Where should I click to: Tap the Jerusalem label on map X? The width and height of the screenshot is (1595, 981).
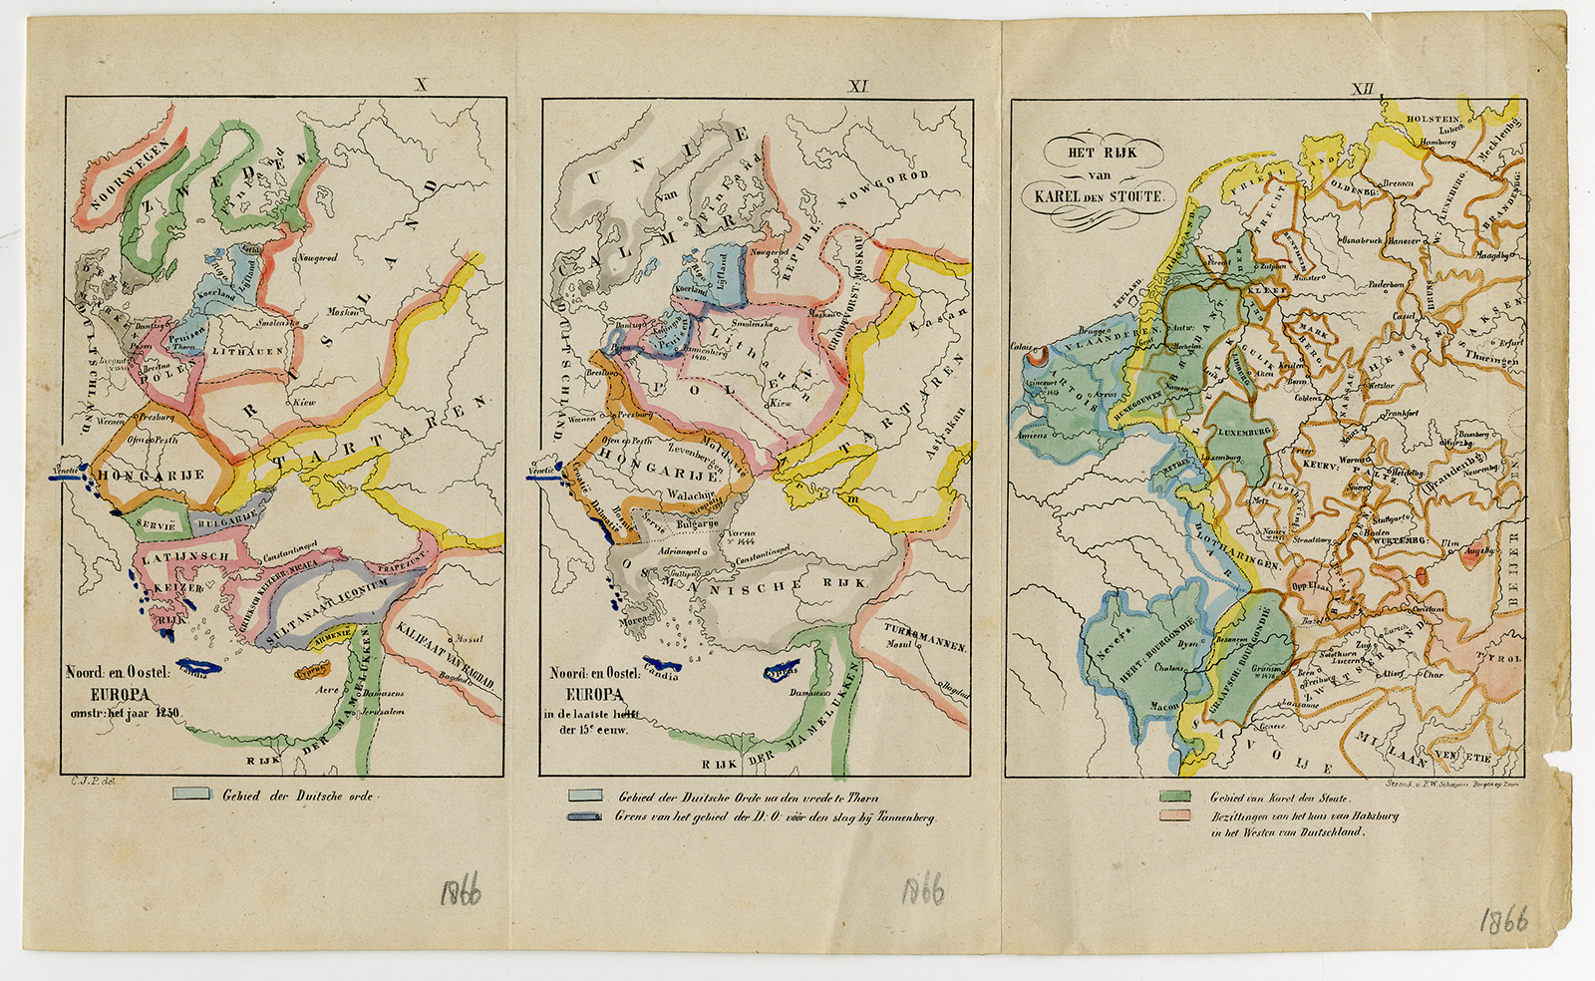pos(382,712)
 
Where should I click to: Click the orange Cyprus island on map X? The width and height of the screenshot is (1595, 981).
pos(312,669)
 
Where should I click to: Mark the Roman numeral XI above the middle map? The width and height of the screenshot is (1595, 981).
pos(857,87)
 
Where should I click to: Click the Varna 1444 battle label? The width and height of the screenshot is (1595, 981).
pos(741,537)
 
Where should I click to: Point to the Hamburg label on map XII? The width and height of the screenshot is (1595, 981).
pos(1437,143)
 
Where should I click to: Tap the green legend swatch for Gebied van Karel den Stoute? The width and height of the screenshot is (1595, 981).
pos(1175,798)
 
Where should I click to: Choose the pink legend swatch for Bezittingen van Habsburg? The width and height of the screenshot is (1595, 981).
pos(1175,816)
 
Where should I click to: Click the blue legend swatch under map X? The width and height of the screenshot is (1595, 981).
pos(192,795)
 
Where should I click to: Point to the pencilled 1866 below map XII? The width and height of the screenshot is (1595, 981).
pos(1503,919)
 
